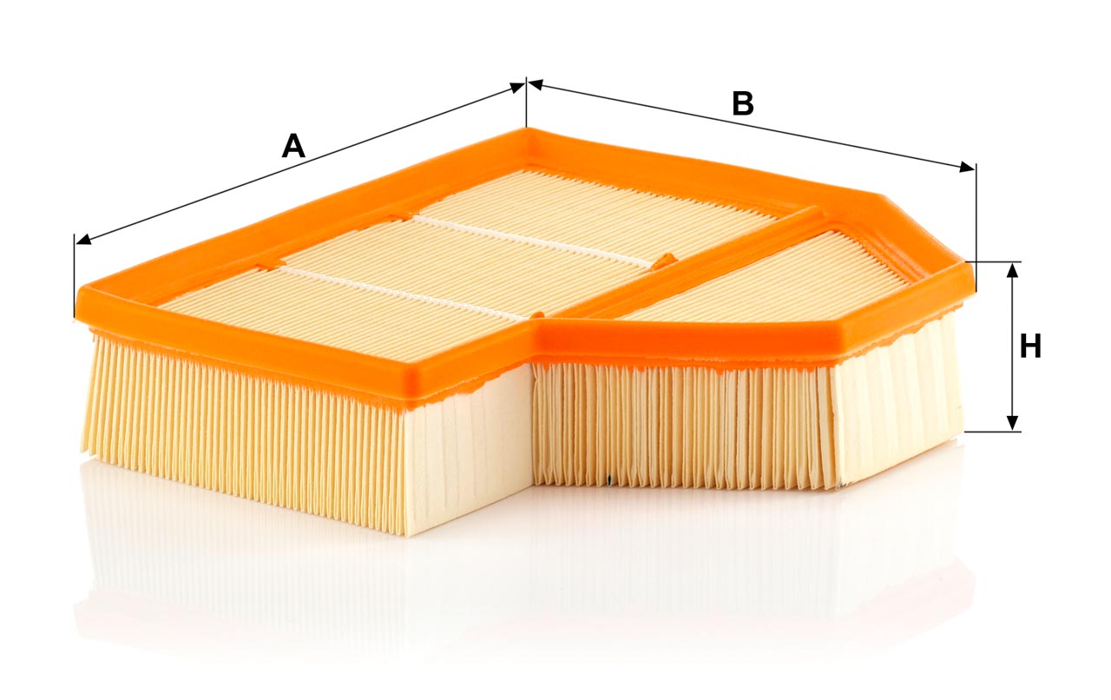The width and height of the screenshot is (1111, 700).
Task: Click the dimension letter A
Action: point(293,146)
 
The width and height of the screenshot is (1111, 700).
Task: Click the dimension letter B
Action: point(742,103)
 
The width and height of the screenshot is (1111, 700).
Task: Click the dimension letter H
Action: point(1030,346)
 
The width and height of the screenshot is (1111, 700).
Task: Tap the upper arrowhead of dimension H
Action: point(1013,271)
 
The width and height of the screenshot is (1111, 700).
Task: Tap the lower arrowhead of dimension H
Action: point(1013,422)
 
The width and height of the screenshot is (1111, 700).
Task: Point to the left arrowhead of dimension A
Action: point(84,241)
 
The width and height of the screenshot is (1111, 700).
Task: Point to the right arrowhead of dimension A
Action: point(516,88)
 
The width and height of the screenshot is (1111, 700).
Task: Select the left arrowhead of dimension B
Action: point(536,85)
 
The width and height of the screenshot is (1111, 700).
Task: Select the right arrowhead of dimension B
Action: point(967,168)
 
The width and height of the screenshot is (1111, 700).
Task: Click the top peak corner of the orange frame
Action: point(527,129)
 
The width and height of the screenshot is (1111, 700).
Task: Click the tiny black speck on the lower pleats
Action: point(609,480)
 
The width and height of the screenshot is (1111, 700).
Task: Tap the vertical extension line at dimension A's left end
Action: point(75,275)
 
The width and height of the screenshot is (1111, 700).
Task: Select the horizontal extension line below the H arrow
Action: point(992,432)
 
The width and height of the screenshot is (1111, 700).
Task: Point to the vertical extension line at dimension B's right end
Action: point(976,228)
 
